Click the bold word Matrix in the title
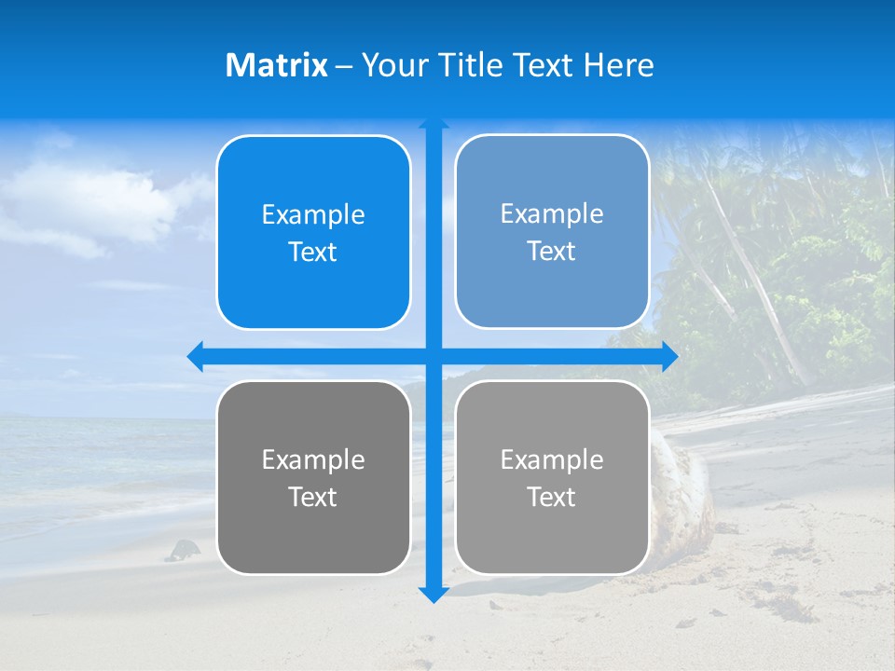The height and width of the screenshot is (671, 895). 276,65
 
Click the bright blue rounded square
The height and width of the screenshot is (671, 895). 313,233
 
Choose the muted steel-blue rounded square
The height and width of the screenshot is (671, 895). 552,232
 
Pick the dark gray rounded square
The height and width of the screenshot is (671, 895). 313,477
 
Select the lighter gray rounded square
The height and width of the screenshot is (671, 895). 552,477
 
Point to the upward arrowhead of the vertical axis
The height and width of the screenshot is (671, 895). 434,122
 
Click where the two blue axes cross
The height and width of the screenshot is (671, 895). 434,356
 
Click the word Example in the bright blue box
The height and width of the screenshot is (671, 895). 313,214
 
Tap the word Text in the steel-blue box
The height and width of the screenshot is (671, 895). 552,252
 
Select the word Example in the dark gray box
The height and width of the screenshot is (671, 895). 313,459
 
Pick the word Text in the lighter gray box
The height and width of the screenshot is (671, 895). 552,497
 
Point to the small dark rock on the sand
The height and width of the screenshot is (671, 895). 183,550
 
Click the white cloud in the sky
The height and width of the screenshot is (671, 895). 93,200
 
